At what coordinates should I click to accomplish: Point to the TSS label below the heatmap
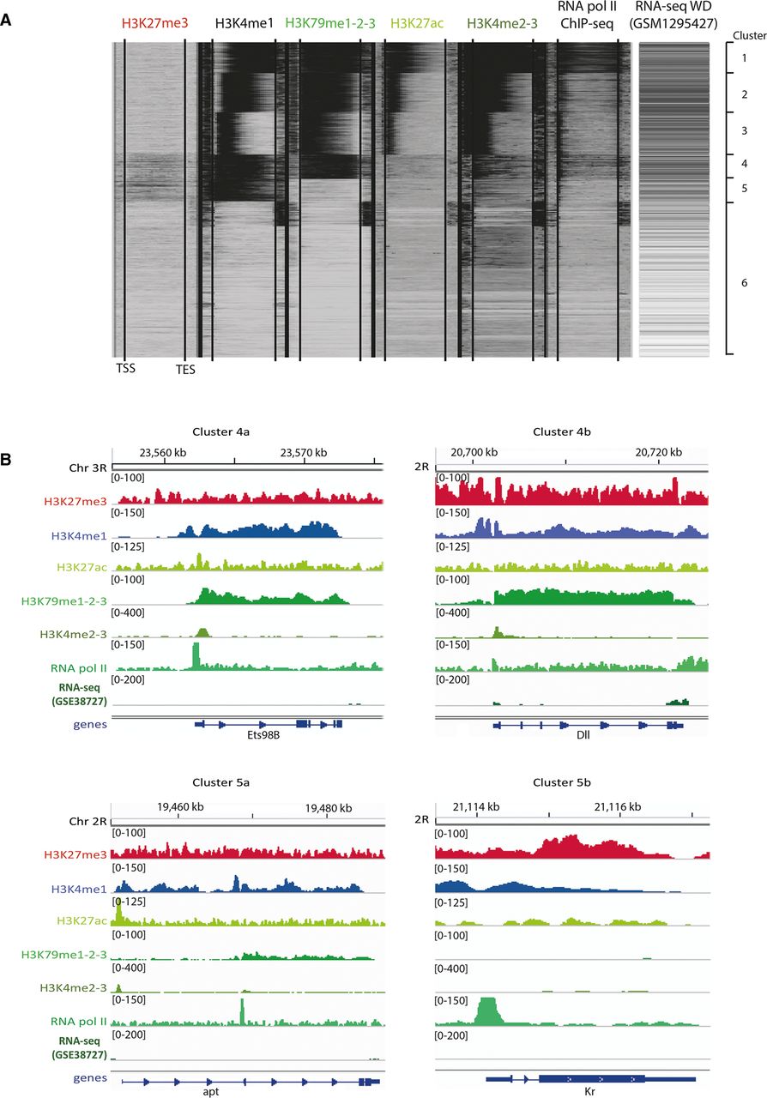pos(125,369)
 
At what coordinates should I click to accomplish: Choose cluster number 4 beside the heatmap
pos(743,162)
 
